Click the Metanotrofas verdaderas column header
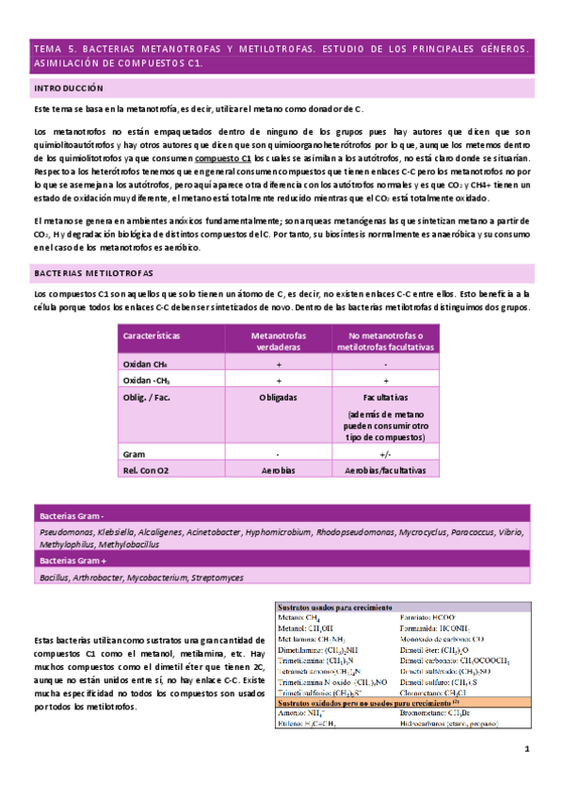tap(279, 341)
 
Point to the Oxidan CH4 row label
tap(144, 363)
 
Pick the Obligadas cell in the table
tap(279, 398)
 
